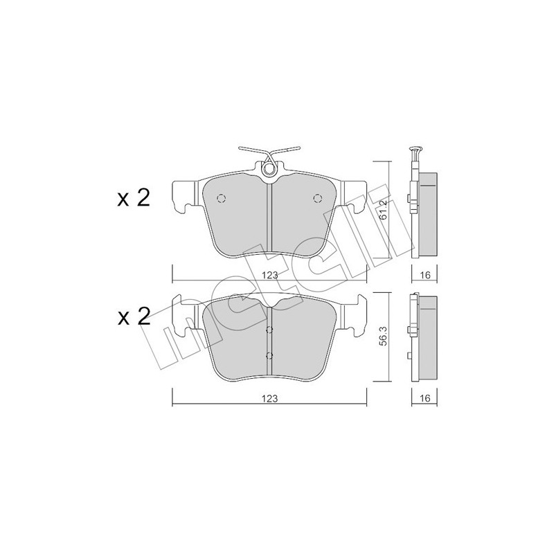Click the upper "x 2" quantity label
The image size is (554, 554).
(133, 198)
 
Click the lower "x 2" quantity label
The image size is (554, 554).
(133, 317)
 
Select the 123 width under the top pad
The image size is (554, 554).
(269, 275)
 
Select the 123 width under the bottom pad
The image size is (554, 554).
(269, 398)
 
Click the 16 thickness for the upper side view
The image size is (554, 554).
(425, 275)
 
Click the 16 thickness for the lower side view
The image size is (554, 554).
(425, 398)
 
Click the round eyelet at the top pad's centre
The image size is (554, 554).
(269, 168)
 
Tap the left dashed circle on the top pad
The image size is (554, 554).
(221, 199)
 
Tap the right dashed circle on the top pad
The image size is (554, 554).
(318, 199)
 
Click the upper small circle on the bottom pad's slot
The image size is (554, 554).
(269, 330)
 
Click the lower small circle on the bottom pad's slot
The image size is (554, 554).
(269, 356)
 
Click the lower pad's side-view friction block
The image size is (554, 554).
(427, 337)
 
